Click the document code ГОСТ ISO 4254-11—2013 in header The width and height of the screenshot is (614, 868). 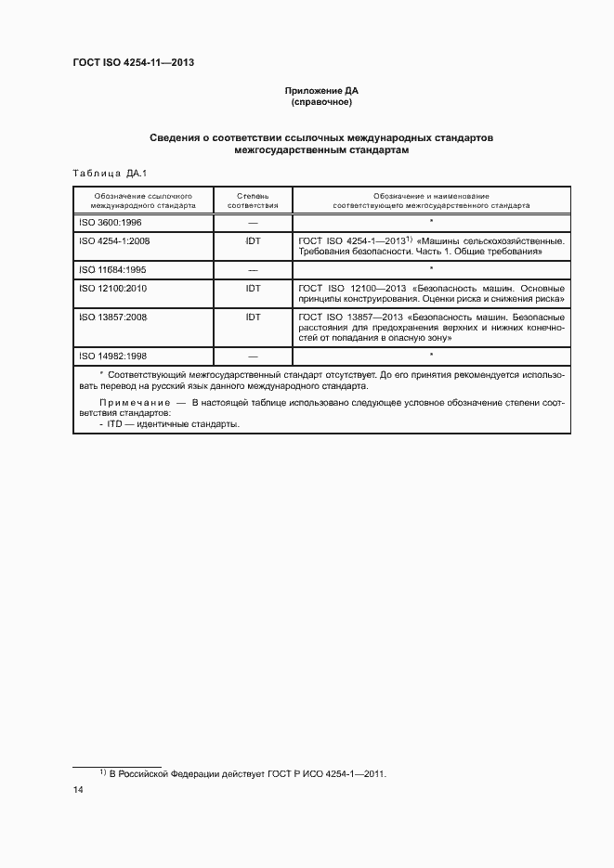coord(133,63)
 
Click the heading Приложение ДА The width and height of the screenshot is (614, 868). coord(321,91)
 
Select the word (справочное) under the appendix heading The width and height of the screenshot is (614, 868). coord(321,102)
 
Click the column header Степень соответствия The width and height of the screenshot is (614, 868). coord(253,201)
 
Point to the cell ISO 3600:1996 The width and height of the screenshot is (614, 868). coord(111,223)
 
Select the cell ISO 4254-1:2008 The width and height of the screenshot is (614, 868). coord(114,240)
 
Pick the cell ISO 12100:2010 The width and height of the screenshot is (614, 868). coord(114,288)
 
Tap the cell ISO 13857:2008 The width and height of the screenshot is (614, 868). coord(114,317)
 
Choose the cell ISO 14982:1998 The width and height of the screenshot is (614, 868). coord(114,356)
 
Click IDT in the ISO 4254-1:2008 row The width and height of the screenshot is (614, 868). coord(253,240)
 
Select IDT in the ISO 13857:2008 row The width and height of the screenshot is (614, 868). coord(253,317)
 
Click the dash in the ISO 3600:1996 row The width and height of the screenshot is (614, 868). coord(253,224)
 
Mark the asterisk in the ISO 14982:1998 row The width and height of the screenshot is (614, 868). coord(432,356)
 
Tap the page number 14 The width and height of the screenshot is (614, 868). coord(79,790)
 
